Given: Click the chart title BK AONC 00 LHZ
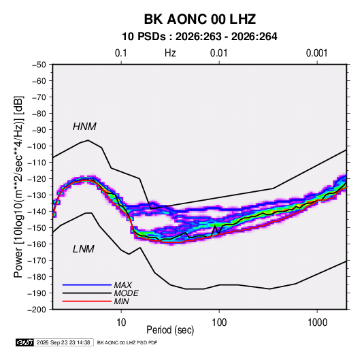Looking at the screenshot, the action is tap(200, 19).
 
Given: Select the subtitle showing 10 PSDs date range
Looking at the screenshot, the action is tap(199, 37).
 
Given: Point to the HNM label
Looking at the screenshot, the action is tap(84, 127).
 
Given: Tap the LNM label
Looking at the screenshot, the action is tap(84, 249).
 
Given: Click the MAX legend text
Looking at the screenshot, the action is tap(123, 284).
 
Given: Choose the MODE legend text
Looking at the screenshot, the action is tap(127, 293).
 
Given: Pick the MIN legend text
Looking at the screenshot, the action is tap(121, 301).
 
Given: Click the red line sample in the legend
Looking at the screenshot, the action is tap(87, 301).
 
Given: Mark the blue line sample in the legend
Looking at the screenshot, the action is tap(87, 284).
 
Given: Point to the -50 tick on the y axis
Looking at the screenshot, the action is tap(39, 65).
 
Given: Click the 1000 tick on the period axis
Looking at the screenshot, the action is tap(317, 323).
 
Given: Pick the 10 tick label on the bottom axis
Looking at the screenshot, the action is tap(121, 323).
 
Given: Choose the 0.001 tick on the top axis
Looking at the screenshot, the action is tap(316, 53).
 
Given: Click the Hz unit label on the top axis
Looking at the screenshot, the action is tap(170, 53).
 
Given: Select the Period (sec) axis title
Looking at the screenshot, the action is tap(170, 330).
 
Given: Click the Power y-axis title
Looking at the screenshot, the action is tap(18, 186).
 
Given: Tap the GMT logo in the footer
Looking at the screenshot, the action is tap(25, 342).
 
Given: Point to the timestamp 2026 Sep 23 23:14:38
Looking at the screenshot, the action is tap(63, 342).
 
